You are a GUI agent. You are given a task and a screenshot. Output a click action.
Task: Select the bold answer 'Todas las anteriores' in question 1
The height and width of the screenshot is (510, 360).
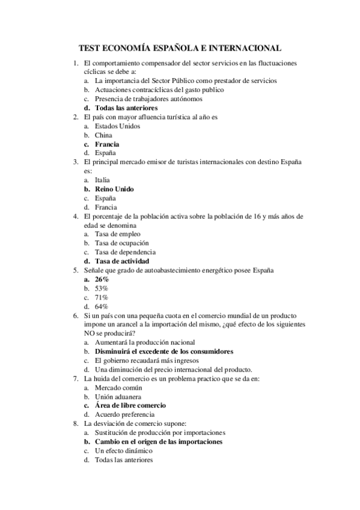point(126,108)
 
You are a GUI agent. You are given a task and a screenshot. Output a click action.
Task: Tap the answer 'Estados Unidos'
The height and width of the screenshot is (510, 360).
point(118,126)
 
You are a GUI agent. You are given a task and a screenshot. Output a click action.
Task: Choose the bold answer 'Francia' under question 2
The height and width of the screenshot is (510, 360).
point(107,144)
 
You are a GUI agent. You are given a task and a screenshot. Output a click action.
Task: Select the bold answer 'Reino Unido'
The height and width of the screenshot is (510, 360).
point(114,189)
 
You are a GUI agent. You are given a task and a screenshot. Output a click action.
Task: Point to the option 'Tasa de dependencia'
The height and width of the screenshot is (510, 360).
point(126,252)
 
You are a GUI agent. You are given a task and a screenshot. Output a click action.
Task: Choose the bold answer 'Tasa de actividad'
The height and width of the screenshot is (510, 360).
point(122,262)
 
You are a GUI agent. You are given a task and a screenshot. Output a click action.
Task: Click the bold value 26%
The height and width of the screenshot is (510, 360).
point(102,280)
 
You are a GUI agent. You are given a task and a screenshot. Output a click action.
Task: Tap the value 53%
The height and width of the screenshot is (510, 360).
point(102,289)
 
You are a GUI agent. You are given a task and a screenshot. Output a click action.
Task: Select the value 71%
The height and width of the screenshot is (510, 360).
point(102,298)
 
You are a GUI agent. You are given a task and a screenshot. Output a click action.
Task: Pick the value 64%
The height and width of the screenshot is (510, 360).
point(102,307)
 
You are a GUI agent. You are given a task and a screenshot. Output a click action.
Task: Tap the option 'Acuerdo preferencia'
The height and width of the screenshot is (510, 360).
point(125,414)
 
